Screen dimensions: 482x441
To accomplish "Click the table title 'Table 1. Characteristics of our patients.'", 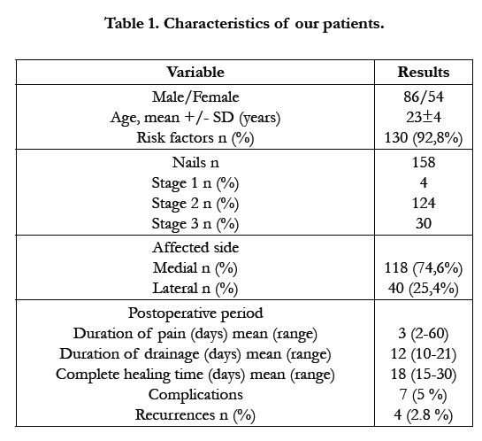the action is click(x=244, y=24).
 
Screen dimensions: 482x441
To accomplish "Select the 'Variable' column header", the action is click(x=195, y=72).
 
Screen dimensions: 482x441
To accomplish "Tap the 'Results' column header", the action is click(x=424, y=72).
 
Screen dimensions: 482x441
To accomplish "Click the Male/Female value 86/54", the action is click(x=424, y=97).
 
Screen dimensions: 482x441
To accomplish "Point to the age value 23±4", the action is click(x=424, y=117).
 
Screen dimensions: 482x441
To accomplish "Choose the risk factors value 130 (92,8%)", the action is click(x=424, y=137).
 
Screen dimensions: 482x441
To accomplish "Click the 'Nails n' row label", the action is click(x=195, y=162).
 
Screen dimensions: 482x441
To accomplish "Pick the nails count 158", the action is click(x=424, y=162).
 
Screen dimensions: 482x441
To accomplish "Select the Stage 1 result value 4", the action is click(x=424, y=182).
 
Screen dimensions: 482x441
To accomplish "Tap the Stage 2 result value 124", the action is click(x=424, y=203).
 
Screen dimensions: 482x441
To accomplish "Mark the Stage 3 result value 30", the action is click(x=424, y=223).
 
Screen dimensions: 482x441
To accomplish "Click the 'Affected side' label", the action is click(x=195, y=247).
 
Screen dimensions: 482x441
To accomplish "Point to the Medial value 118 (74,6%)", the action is click(x=424, y=268).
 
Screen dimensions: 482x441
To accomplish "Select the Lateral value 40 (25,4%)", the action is click(x=424, y=289).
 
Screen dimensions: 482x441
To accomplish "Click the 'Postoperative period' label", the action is click(x=195, y=313).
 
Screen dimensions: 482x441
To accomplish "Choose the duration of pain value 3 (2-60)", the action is click(x=424, y=333).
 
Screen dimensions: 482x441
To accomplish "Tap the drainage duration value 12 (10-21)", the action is click(x=424, y=353).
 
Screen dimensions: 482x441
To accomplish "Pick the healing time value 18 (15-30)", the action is click(x=424, y=375).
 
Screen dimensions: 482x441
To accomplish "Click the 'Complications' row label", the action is click(x=195, y=395).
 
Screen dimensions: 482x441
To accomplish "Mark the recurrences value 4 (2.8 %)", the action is click(x=424, y=414).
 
